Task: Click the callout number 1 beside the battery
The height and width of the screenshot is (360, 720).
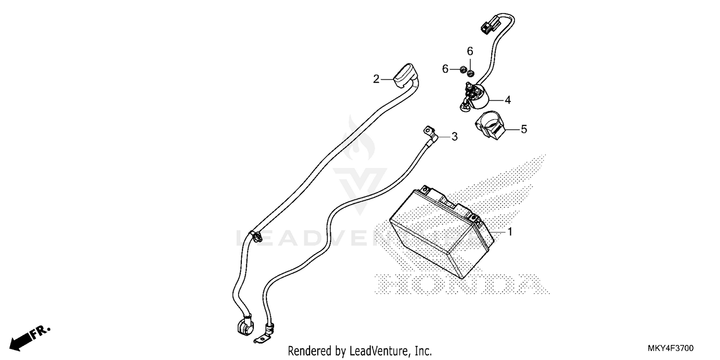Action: (x=510, y=231)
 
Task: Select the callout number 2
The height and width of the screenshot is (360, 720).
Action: (x=376, y=79)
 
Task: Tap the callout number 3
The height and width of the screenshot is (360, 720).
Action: (x=454, y=137)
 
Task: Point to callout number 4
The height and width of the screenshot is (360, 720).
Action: (x=507, y=100)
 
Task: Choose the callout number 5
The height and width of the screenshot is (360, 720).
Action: (x=524, y=129)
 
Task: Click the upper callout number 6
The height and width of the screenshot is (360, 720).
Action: (x=470, y=51)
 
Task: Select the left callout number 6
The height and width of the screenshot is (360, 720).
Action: (x=445, y=69)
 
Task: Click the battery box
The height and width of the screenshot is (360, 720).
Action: (x=442, y=232)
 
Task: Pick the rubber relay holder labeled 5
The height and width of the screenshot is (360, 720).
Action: (x=490, y=125)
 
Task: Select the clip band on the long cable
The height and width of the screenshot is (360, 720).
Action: (x=255, y=236)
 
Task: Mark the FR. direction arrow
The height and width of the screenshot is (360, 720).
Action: (x=30, y=338)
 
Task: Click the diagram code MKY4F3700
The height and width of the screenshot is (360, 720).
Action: (x=671, y=348)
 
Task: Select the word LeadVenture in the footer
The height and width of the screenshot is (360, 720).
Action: (x=377, y=351)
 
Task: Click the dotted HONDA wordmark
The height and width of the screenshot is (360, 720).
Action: (x=462, y=284)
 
